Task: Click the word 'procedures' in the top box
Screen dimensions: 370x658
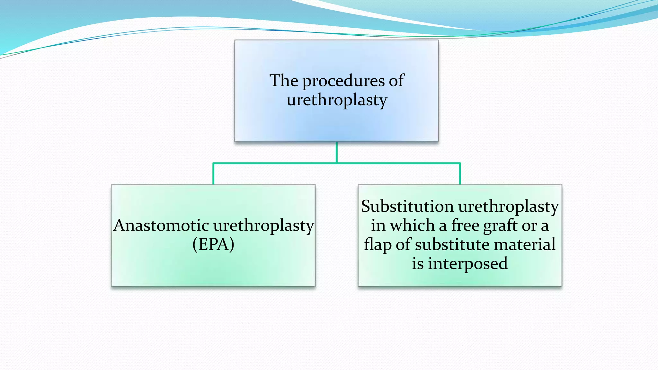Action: (343, 81)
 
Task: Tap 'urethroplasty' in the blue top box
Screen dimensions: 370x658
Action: (337, 100)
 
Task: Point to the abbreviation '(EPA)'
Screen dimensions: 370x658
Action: (213, 244)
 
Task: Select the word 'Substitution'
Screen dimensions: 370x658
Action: (407, 206)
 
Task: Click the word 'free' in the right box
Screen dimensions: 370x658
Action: (465, 225)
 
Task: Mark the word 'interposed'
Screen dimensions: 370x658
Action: (467, 264)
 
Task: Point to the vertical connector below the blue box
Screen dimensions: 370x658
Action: (337, 152)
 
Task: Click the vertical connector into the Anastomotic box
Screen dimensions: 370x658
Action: (213, 174)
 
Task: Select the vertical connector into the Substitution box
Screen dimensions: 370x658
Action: (460, 174)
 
